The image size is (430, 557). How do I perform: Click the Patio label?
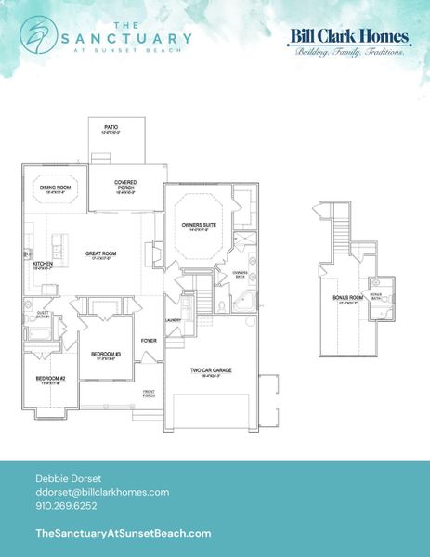coord(111,127)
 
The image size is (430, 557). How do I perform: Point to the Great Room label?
coord(99,253)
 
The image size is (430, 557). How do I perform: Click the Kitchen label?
coord(44,265)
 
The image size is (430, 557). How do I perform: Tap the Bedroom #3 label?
coord(106,355)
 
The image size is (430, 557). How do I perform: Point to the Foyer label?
coord(149,341)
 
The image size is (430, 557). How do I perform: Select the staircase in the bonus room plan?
coord(340,228)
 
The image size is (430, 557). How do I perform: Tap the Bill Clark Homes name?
coord(349,36)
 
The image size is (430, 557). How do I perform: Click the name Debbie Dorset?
coord(62,476)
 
